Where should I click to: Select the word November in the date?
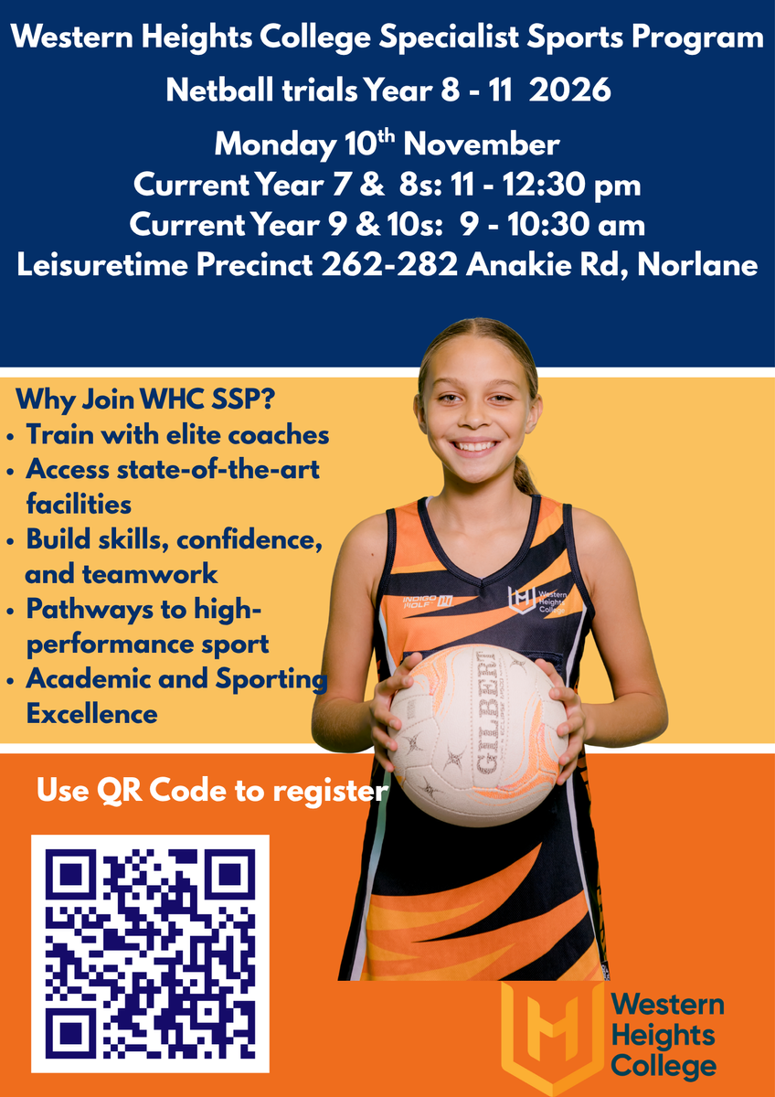[482, 144]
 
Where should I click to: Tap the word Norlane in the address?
[697, 265]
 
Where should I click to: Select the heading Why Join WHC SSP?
[145, 399]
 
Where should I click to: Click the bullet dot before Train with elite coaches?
[10, 437]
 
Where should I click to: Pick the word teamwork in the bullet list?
[150, 574]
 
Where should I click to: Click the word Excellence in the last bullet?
[92, 714]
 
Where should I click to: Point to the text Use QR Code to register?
[212, 791]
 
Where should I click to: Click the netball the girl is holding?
[478, 735]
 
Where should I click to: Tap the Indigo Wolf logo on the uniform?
[428, 602]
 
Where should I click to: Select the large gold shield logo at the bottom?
[553, 1038]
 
